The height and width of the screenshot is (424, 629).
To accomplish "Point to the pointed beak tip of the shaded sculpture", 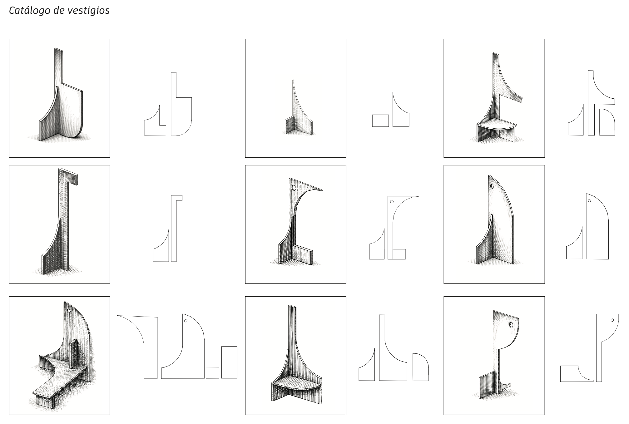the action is pos(323,190).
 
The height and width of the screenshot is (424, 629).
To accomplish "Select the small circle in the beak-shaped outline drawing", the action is pos(392,202).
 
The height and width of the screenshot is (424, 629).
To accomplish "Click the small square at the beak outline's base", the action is pos(399,254).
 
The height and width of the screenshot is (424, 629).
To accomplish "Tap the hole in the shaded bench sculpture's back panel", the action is pos(69,311).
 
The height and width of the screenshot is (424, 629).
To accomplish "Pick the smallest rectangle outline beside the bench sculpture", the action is pos(212,373).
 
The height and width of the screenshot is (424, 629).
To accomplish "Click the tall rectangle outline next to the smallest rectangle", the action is pos(229,362).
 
